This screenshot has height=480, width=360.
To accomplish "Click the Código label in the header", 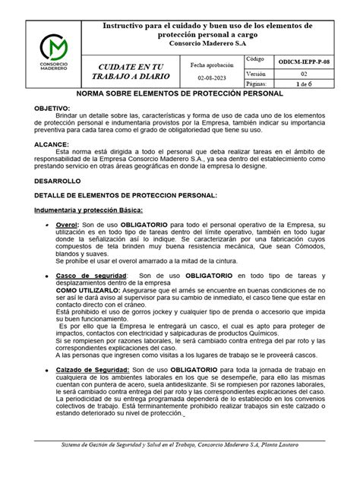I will click(x=256, y=58).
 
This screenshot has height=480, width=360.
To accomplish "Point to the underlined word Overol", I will click(x=67, y=226).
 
